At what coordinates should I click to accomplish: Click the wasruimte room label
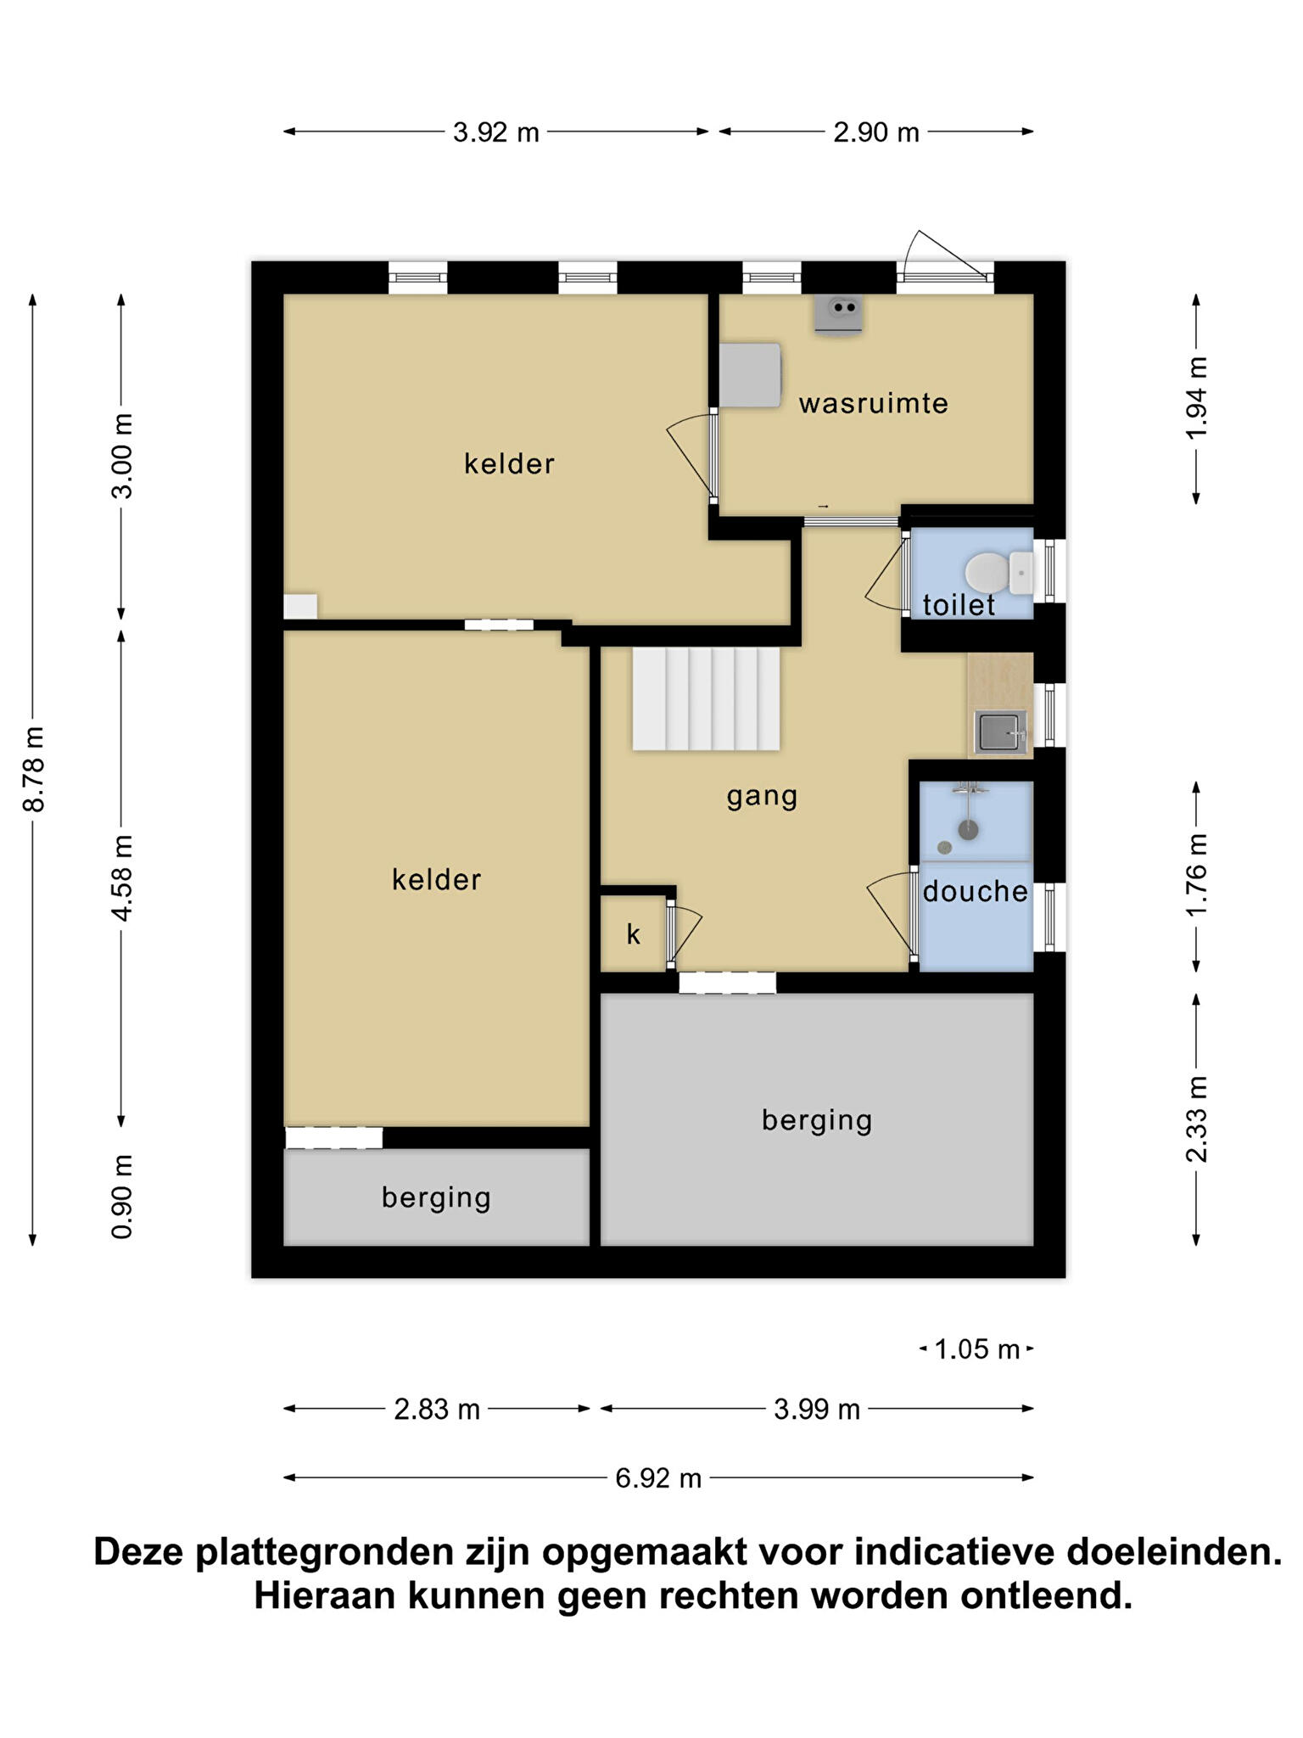coord(873,403)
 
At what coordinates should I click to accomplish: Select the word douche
coord(975,891)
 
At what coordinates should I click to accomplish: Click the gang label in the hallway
coord(762,797)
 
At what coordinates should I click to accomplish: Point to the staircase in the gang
coord(706,698)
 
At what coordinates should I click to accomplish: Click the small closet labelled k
coord(634,934)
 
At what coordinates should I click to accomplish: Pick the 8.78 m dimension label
coord(34,769)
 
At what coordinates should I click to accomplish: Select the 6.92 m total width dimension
coord(658,1477)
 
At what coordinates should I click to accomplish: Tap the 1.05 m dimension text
coord(976,1348)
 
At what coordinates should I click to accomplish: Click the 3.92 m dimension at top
coord(495,132)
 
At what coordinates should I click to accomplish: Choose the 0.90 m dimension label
coord(122,1196)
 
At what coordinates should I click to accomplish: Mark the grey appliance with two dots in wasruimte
coord(839,313)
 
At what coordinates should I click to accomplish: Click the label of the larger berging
coord(817,1120)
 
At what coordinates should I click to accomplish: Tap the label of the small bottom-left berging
coord(436,1197)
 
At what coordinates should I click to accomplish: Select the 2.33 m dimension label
coord(1196,1118)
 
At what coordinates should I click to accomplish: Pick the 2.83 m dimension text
coord(437,1409)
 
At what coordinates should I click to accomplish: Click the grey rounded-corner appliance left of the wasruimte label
coord(750,375)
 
